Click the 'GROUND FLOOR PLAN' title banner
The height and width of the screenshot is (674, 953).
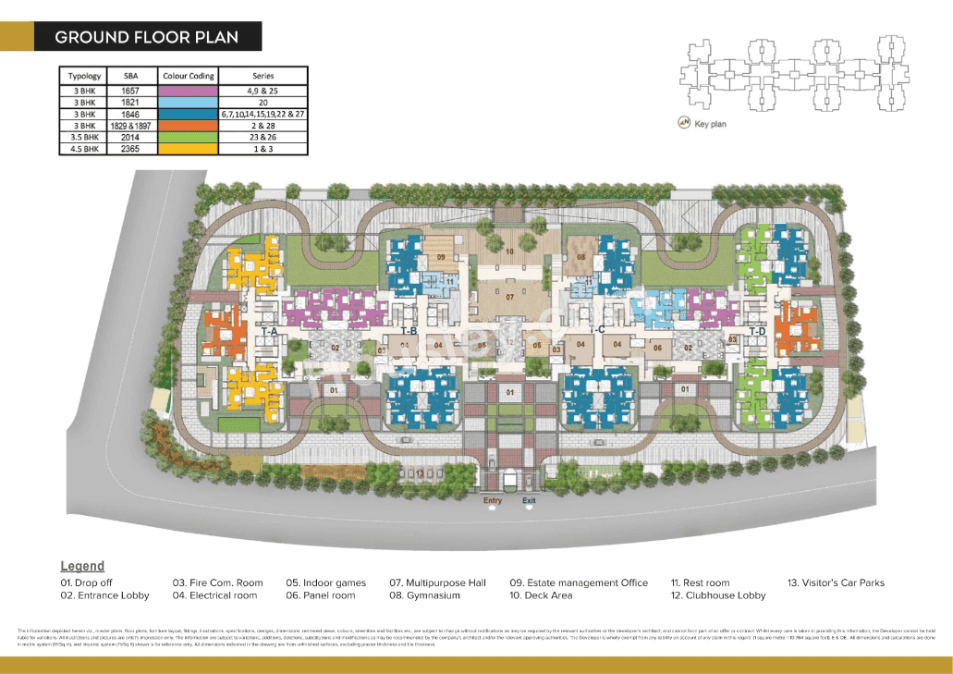[147, 37]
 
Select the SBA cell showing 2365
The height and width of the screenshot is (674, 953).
[129, 148]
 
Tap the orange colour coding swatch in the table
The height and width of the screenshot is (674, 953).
[188, 125]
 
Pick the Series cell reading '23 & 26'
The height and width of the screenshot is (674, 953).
[263, 137]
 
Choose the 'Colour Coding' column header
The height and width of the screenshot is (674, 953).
[188, 76]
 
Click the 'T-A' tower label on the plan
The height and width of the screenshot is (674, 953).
[270, 331]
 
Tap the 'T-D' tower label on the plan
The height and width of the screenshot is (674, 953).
[757, 331]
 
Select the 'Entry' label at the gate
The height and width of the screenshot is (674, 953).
[493, 501]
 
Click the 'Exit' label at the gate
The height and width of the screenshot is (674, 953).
[529, 501]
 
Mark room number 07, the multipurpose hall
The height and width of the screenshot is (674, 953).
[508, 298]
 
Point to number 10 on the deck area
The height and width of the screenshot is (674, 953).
[508, 251]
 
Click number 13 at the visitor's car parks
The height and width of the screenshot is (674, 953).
[420, 474]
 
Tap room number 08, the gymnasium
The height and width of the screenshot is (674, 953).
[581, 257]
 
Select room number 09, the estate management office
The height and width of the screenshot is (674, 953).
[441, 257]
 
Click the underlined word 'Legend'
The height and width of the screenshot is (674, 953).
[82, 566]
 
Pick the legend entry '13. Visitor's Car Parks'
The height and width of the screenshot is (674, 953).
[836, 582]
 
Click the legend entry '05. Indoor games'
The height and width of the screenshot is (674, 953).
[325, 582]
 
